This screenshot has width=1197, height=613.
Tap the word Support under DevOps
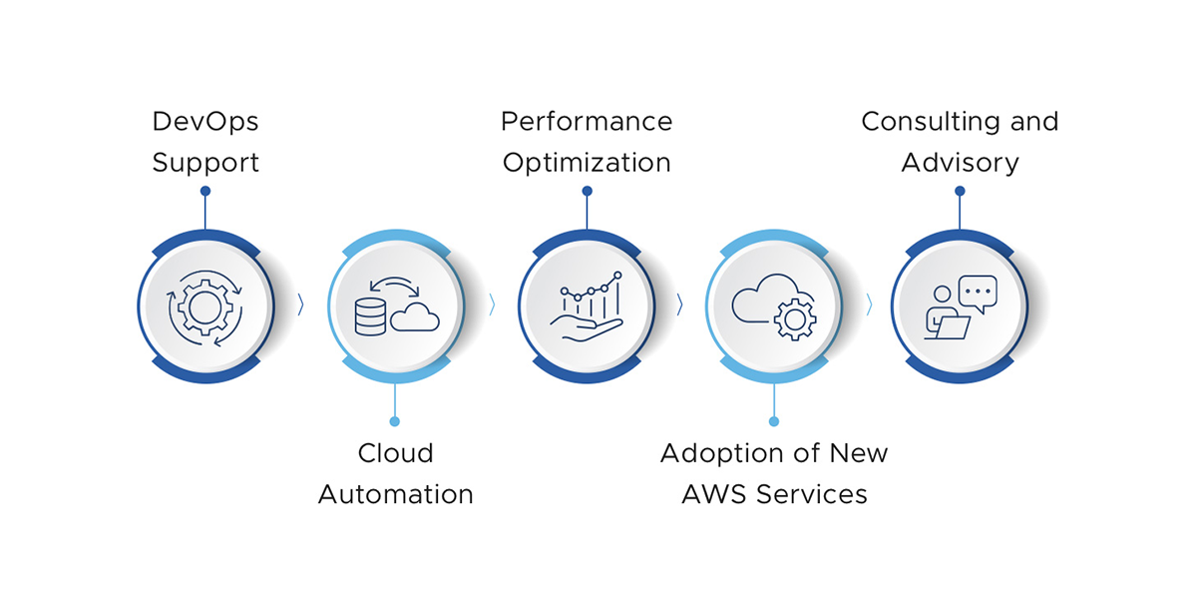click(x=205, y=163)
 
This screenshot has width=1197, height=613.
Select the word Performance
click(x=587, y=122)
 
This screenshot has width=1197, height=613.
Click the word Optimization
click(x=587, y=163)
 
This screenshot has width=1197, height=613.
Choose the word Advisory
click(x=960, y=163)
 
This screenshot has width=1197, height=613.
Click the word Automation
click(x=395, y=494)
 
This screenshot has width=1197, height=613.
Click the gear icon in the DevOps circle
click(x=204, y=306)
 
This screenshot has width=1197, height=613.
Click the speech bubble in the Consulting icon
click(x=978, y=293)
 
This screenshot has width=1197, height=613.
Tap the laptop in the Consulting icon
click(x=952, y=327)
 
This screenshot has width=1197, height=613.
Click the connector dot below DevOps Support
click(x=205, y=191)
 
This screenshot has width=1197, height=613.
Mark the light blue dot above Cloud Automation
click(x=395, y=421)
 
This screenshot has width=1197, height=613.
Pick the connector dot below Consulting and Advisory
click(x=960, y=191)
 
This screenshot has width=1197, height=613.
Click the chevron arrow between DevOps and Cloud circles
click(x=300, y=306)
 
